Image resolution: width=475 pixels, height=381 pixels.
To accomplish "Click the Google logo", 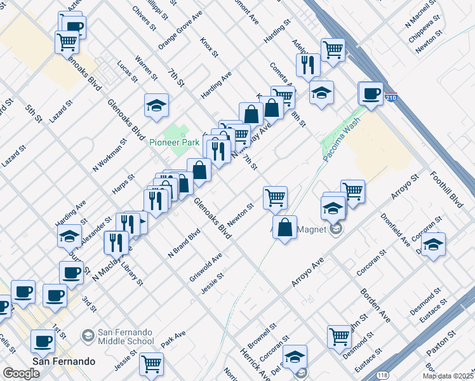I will (x=22, y=373).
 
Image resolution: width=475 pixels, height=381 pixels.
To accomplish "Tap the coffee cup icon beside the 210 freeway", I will (x=371, y=95).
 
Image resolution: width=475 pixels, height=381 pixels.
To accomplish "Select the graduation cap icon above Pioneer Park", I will (x=156, y=106).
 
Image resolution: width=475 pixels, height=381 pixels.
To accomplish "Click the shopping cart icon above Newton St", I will (x=275, y=197).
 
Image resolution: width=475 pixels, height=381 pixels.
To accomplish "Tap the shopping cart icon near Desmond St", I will (x=340, y=337).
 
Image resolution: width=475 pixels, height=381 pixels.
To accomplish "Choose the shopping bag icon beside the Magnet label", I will (x=285, y=227).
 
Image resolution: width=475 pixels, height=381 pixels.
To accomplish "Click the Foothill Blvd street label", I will (x=446, y=189).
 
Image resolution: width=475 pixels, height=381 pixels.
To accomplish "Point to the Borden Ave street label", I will (x=376, y=305).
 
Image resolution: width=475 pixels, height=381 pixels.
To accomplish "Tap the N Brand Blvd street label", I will (x=184, y=242).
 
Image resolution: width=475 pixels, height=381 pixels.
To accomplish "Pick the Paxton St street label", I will (x=441, y=342).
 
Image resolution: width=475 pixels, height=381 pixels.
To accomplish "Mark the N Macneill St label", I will (x=422, y=24).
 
